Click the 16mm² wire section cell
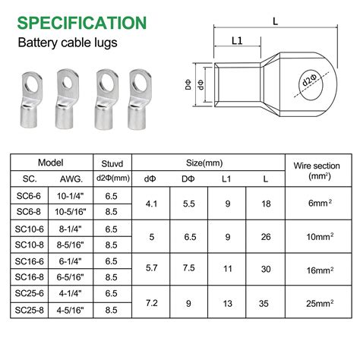320,269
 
